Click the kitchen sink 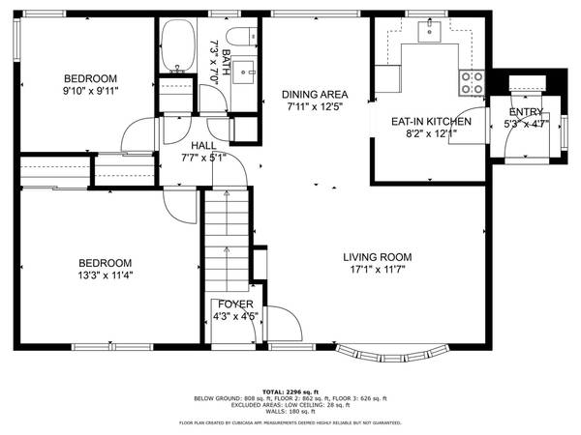(x=426, y=32)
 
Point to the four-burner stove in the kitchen (x=473, y=83)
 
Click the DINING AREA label (x=315, y=95)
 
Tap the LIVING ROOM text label (x=378, y=257)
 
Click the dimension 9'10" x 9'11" (x=90, y=92)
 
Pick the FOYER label (x=234, y=304)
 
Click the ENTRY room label (x=528, y=112)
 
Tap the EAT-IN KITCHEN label (x=431, y=122)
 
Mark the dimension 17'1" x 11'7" (x=378, y=270)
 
